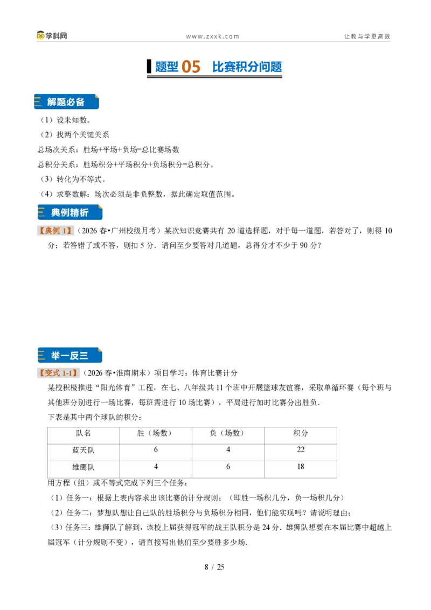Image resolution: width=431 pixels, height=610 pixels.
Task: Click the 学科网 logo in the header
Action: (52, 36)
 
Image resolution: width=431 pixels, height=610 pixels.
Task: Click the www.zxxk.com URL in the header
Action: (212, 37)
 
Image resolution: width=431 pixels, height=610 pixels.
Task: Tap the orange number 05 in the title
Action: (191, 66)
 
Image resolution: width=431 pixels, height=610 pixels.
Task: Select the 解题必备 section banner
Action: (66, 101)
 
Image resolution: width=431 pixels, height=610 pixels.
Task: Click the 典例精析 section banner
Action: (70, 212)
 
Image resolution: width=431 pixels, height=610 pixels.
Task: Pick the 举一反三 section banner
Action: (69, 355)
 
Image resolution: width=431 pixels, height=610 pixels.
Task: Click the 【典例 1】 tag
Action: (55, 231)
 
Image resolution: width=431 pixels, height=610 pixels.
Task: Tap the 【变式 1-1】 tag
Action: (58, 373)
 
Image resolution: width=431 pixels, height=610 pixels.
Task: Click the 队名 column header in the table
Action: (84, 433)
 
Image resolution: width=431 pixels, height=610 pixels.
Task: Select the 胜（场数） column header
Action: (156, 433)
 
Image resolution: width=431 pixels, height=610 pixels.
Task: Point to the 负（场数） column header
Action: (228, 433)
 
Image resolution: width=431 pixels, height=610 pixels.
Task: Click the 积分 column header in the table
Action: (301, 433)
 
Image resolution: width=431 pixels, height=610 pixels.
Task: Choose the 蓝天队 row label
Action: (84, 450)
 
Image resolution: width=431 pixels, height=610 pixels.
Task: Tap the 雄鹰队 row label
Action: (84, 467)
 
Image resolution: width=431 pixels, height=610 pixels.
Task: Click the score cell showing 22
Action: (301, 450)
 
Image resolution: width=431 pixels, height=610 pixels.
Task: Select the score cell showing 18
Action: (301, 467)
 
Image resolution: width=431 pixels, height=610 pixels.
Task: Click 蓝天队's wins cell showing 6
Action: (156, 450)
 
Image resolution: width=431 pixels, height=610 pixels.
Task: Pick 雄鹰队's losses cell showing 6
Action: (228, 467)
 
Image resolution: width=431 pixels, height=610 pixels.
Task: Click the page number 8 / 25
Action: (214, 567)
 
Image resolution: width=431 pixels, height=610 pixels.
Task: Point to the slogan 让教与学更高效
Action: (367, 36)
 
